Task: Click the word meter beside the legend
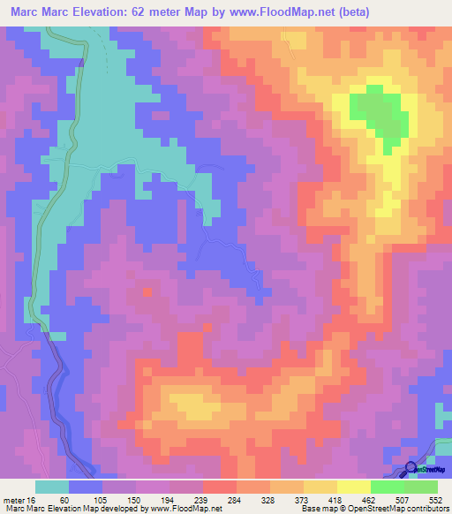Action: (11, 499)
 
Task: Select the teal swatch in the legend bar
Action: (52, 487)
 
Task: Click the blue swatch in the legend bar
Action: (86, 487)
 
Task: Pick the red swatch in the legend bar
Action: (220, 487)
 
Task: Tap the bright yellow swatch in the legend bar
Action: (354, 487)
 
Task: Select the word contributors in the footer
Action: (425, 509)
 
